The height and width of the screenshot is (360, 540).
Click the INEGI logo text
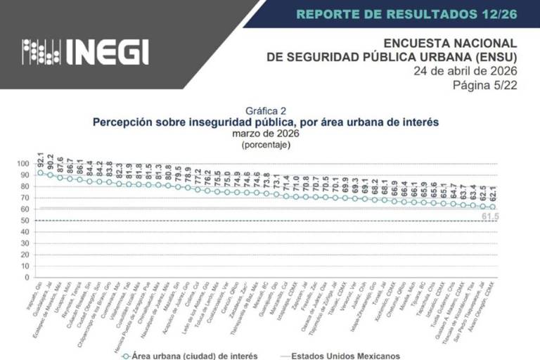[108, 51]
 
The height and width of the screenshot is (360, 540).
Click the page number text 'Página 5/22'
[487, 84]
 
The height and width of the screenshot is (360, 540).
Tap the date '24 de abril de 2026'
[465, 71]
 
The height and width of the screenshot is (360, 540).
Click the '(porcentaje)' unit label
[266, 144]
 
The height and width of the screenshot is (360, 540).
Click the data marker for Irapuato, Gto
[40, 172]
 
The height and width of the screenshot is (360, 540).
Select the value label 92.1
[41, 158]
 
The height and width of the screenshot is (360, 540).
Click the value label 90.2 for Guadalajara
[51, 160]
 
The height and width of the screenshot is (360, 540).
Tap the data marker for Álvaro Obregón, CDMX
[493, 207]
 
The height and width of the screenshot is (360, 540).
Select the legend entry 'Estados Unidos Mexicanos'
[345, 355]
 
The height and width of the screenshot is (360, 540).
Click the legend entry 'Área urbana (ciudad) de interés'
[184, 355]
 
